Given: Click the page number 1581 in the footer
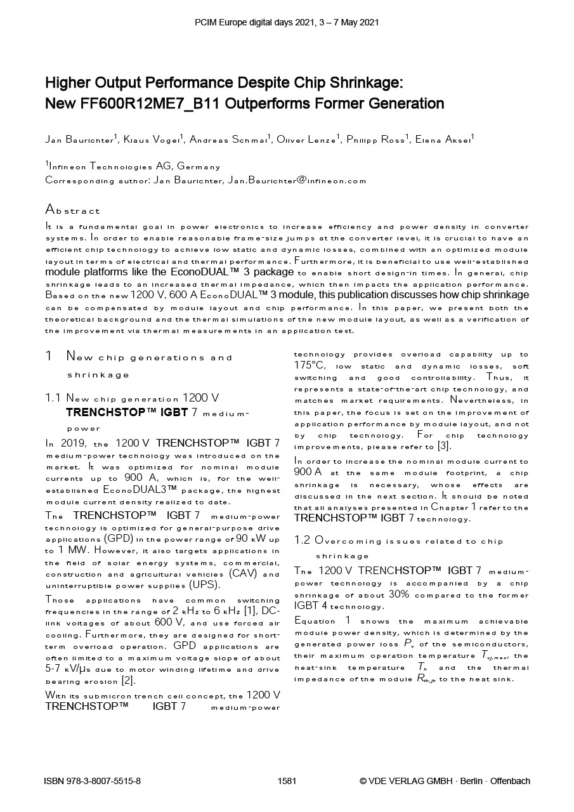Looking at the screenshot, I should click(287, 781).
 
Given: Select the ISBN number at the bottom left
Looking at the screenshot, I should click(92, 781).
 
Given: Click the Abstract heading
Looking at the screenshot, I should click(72, 210).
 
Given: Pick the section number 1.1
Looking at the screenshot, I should click(53, 398).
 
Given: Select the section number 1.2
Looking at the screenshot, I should click(302, 540).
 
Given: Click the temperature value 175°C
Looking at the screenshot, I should click(309, 365).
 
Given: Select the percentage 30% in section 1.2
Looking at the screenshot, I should click(399, 594).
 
